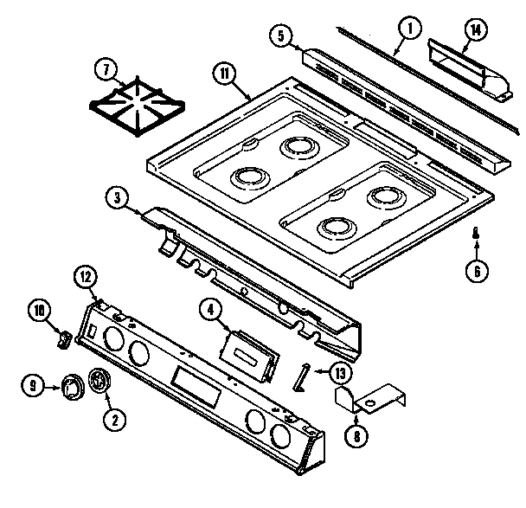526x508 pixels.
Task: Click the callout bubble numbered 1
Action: pyautogui.click(x=407, y=29)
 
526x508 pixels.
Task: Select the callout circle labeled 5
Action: pyautogui.click(x=280, y=36)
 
